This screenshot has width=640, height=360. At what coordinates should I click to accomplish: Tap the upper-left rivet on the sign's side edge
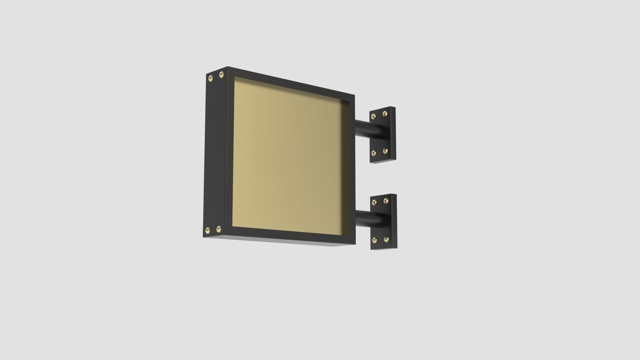tap(210, 79)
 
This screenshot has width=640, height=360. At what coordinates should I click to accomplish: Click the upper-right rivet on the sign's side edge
tap(221, 75)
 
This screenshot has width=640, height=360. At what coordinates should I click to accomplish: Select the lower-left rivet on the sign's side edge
tap(208, 230)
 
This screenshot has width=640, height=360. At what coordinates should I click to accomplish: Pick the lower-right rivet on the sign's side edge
tap(219, 229)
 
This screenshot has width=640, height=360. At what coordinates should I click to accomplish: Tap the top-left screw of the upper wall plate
tap(374, 116)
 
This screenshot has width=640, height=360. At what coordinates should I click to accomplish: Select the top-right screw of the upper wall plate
tap(385, 114)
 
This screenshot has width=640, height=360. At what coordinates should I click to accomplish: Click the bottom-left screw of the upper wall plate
tap(374, 153)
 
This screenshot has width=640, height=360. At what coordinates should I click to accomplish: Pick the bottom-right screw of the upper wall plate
tap(386, 151)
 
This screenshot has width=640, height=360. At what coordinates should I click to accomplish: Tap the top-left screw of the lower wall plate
tap(374, 202)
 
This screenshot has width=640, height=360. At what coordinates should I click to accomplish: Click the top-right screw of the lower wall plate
tap(386, 201)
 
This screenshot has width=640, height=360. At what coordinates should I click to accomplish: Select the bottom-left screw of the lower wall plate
tap(375, 240)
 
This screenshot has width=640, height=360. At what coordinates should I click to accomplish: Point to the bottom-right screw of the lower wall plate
tap(386, 239)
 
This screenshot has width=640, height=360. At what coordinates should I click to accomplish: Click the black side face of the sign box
tap(215, 153)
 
